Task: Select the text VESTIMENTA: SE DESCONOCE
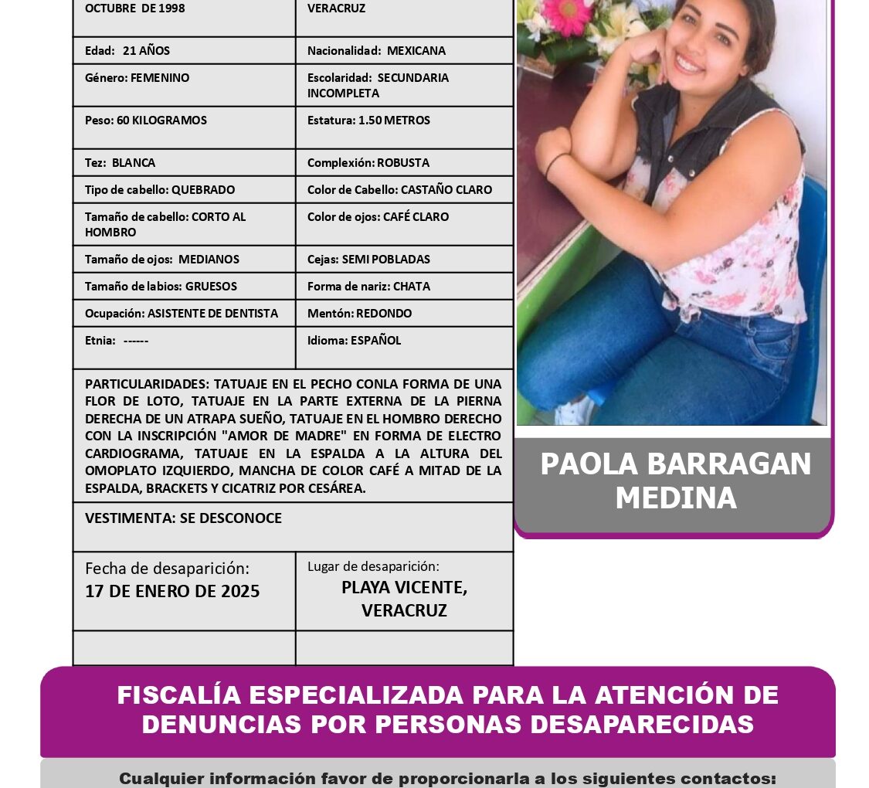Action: coord(183,518)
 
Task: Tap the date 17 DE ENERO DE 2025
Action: coord(172,592)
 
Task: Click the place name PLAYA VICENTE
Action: coord(404,587)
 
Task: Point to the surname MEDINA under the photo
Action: coord(675,498)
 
